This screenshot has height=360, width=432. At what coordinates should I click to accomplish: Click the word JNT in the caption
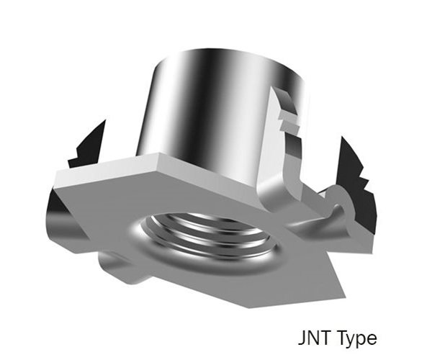(x=312, y=338)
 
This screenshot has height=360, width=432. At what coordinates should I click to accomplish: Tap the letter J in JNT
(x=301, y=338)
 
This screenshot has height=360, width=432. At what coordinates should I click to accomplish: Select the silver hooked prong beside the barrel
(x=288, y=144)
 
